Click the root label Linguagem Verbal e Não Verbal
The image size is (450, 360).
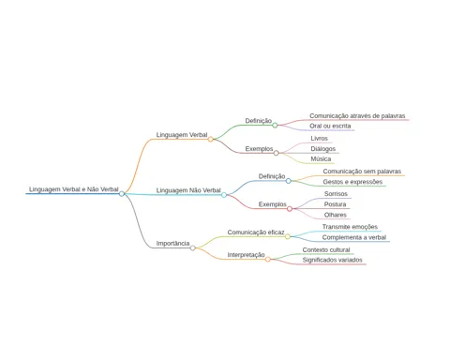74,189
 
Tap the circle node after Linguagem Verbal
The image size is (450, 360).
211,139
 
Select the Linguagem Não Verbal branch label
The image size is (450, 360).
188,190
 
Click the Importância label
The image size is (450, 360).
172,243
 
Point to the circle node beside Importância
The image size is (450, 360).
193,248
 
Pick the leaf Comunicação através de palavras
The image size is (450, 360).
357,116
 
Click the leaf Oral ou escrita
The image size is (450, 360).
330,126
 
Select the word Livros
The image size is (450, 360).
319,138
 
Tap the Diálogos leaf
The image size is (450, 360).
322,149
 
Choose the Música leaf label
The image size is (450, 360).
321,158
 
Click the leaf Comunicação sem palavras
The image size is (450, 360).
362,172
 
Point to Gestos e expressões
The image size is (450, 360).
352,182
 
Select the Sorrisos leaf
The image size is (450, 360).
336,194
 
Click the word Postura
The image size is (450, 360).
335,204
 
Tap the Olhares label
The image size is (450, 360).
336,215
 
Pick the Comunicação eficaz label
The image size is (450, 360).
256,232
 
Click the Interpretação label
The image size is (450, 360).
246,255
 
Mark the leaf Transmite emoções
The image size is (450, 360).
350,227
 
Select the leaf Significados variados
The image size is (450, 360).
332,260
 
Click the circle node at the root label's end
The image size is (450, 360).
122,194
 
